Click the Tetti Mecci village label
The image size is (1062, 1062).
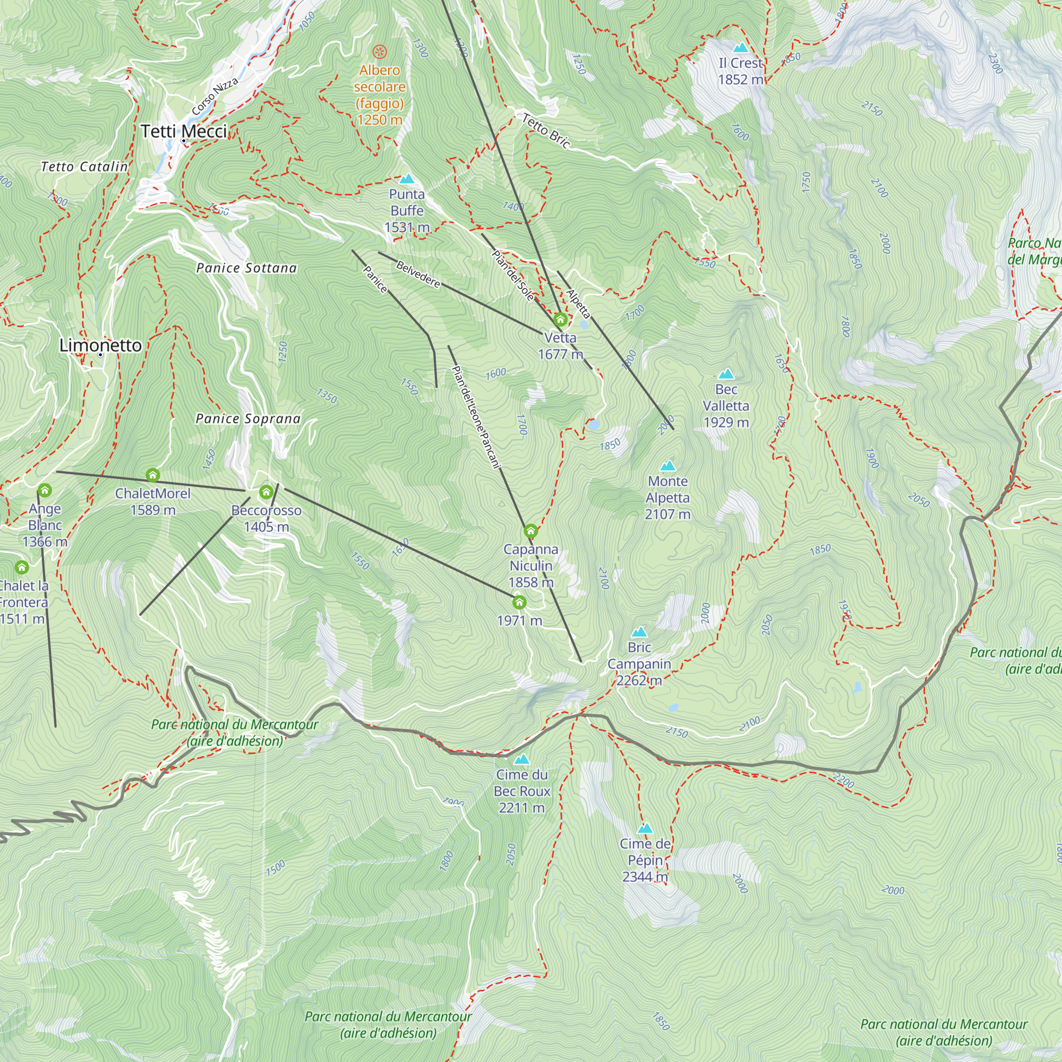[184, 131]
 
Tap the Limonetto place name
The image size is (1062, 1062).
[100, 345]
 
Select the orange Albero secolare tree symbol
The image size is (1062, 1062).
[380, 52]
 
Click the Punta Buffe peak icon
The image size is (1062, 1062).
[407, 178]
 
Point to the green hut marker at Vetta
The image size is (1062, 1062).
[560, 319]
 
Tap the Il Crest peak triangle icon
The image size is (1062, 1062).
[740, 48]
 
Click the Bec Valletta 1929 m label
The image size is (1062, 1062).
[725, 406]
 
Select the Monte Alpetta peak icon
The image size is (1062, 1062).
[667, 466]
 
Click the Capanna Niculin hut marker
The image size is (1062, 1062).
[530, 531]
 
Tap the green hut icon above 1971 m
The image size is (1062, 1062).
[519, 603]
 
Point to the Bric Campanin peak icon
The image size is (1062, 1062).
[639, 632]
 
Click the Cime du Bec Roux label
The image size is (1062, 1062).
[521, 791]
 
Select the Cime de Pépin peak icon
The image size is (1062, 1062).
[645, 828]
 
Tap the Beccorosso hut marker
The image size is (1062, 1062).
[266, 492]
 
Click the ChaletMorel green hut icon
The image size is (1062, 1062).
[153, 475]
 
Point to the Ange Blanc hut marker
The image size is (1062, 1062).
[45, 490]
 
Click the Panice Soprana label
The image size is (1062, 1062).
[248, 419]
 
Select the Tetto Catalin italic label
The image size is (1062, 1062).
[84, 167]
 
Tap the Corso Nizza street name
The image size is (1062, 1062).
[215, 97]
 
